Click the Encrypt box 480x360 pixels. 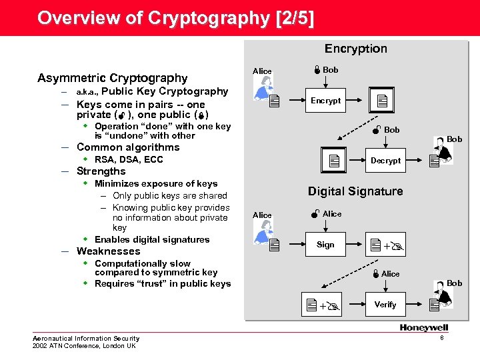tap(325, 101)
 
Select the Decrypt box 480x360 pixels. tap(385, 161)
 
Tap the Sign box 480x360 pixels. tap(325, 245)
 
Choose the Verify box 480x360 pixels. tap(385, 305)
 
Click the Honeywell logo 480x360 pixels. tap(424, 327)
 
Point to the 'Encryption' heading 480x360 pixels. tap(355, 49)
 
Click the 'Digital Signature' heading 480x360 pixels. tap(355, 191)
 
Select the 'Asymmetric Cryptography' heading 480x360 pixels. tap(113, 78)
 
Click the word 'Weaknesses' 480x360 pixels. tap(109, 251)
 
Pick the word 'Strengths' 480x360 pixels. tap(101, 171)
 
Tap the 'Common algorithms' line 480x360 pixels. tap(128, 147)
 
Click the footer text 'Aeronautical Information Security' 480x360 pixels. tap(86, 339)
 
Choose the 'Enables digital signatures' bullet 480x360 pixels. tap(152, 239)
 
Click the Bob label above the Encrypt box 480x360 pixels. tap(330, 70)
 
